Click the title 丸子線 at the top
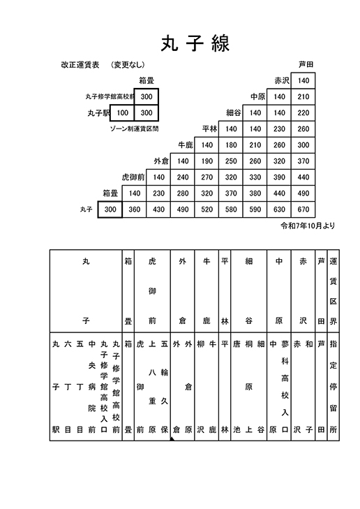click(195, 43)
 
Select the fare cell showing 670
click(303, 209)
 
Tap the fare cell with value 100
click(122, 112)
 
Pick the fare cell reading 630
click(279, 209)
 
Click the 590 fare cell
click(255, 209)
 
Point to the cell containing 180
click(231, 145)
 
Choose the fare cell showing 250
click(231, 161)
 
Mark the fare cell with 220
click(303, 112)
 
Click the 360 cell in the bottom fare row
click(134, 209)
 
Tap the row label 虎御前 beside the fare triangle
click(133, 177)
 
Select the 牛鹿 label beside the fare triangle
click(186, 145)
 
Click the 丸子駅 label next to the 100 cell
click(98, 113)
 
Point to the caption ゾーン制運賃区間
click(134, 129)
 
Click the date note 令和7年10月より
click(308, 226)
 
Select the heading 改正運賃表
click(80, 65)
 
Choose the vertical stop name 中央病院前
click(92, 387)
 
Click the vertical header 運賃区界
click(333, 291)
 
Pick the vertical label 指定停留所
click(333, 387)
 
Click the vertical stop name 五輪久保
click(165, 387)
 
